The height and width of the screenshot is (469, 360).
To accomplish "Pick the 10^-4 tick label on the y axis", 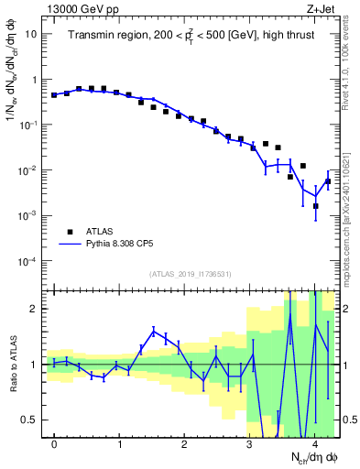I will point(27,262).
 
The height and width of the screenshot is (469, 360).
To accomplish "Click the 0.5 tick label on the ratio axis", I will point(29,420).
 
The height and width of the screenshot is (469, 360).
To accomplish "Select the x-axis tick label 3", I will point(249,444).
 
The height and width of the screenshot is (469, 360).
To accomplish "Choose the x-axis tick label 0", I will point(54,444).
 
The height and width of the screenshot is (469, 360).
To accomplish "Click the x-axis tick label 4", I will point(314,444).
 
